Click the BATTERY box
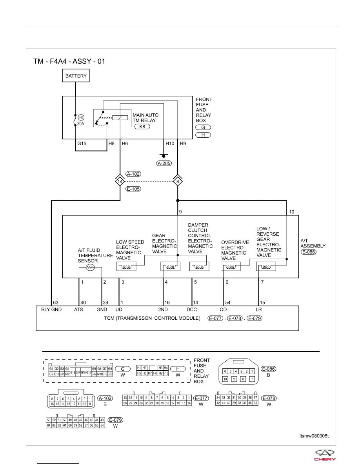pos(76,75)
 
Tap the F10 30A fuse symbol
pos(75,120)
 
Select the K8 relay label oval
pos(142,127)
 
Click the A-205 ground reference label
pos(164,163)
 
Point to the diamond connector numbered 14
pos(120,181)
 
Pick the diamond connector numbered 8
pos(178,181)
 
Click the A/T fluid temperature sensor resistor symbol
pos(90,268)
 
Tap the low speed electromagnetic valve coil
pos(127,267)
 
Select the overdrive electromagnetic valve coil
pos(231,267)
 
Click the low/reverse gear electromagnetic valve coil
pos(266,267)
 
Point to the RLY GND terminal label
pos(51,309)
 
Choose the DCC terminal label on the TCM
pos(192,309)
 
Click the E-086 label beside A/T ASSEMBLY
pos(309,252)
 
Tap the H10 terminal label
pos(170,144)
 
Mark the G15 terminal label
pos(82,144)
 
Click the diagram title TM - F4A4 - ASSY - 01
pos(69,61)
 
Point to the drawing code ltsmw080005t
pos(314,436)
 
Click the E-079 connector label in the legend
pos(116,420)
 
